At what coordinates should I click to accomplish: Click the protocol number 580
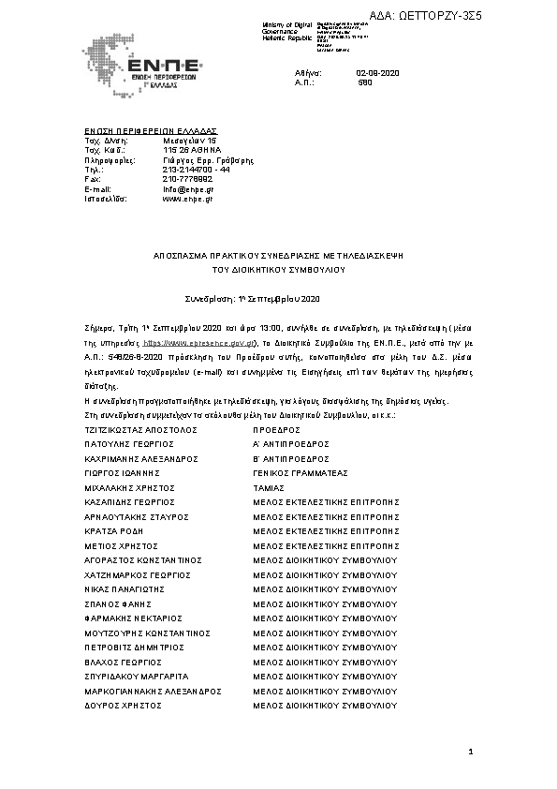tap(365, 82)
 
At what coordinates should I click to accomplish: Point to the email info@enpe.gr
tap(188, 189)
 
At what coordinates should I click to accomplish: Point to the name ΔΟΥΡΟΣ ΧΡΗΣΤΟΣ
tap(123, 704)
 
